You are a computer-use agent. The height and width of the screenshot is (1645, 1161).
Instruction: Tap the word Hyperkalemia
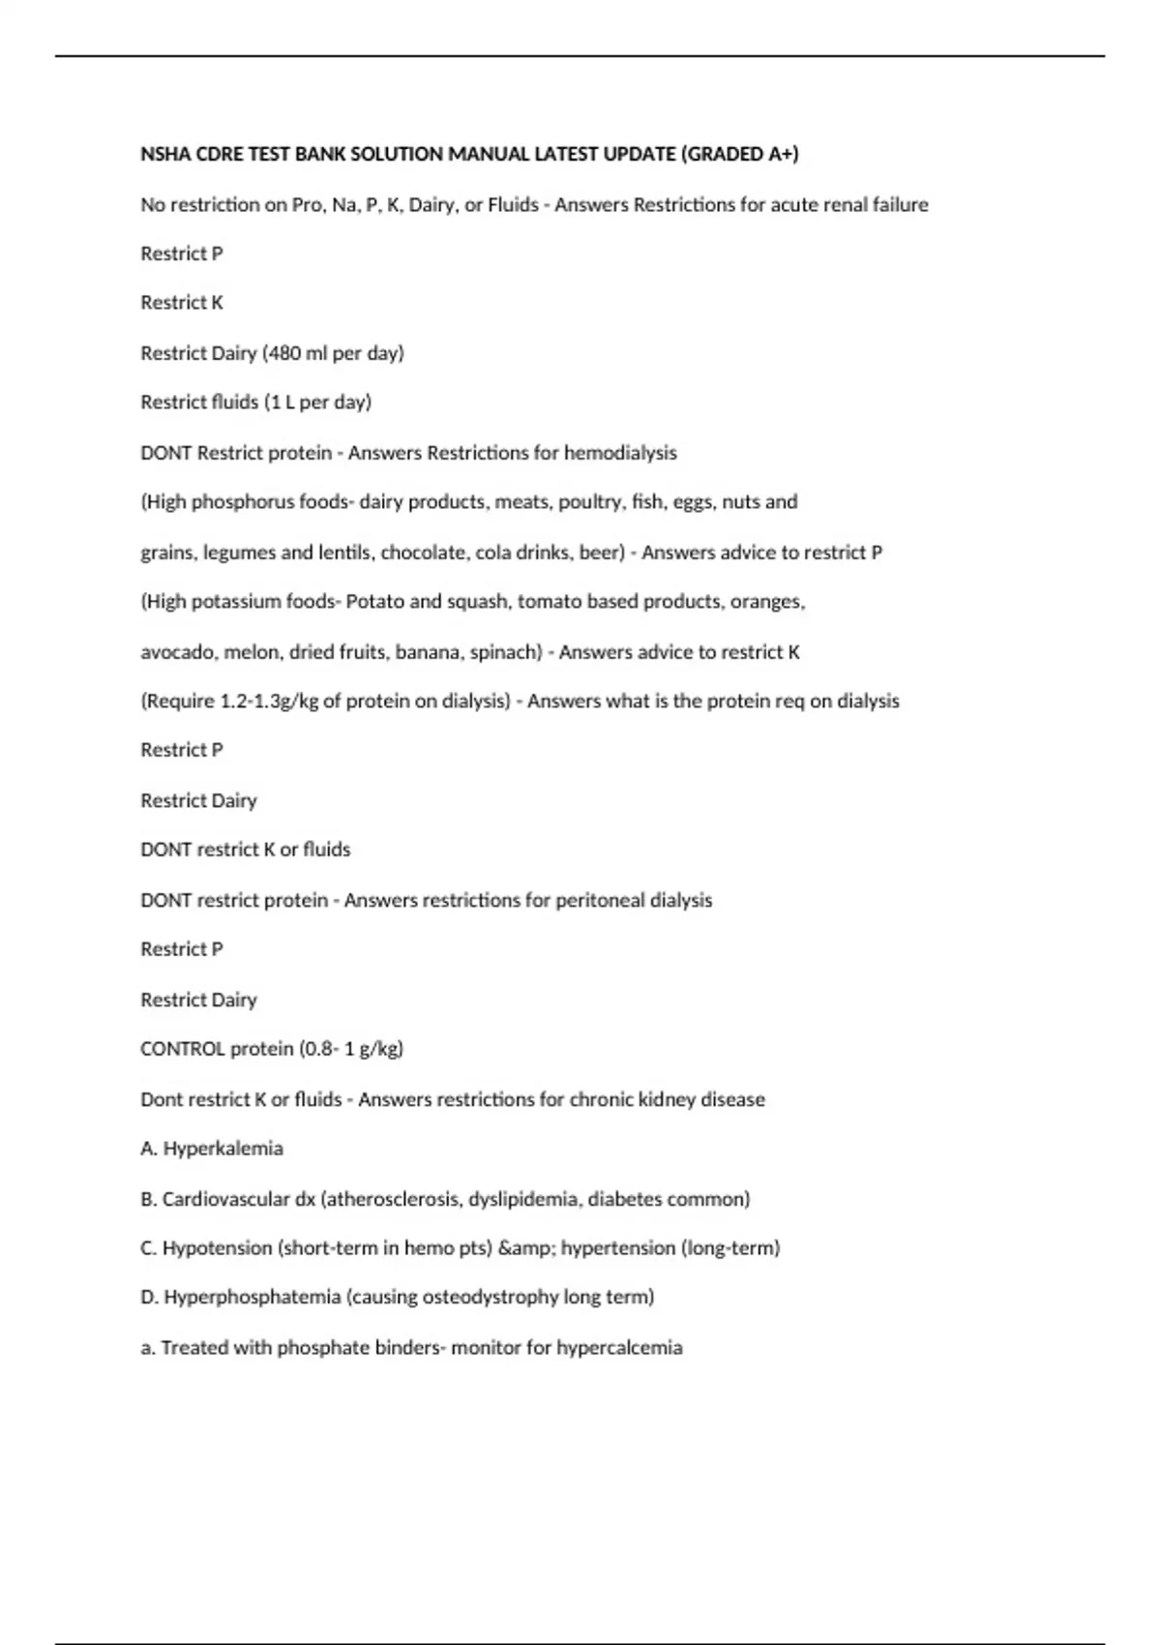(223, 1149)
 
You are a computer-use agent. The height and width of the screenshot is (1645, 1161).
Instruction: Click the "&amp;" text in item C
(525, 1248)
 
